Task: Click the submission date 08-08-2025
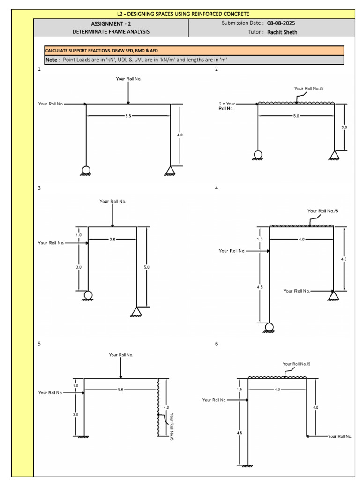(x=281, y=23)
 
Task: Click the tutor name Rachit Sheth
(x=282, y=32)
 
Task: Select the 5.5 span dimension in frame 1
(x=128, y=116)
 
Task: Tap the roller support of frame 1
(x=85, y=171)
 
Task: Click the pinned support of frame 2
(x=334, y=155)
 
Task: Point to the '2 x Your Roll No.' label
(x=227, y=106)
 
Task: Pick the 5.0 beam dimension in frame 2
(x=296, y=116)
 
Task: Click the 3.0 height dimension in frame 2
(x=344, y=127)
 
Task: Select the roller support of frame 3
(x=88, y=296)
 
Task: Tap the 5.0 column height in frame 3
(x=147, y=267)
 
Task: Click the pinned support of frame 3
(x=136, y=312)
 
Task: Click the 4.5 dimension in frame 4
(x=260, y=287)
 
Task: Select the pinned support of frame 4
(x=333, y=296)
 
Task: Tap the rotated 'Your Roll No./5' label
(x=172, y=427)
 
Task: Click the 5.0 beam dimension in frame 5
(x=120, y=390)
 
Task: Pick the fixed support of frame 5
(x=83, y=437)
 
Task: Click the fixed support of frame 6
(x=247, y=466)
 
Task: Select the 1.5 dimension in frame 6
(x=240, y=390)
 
